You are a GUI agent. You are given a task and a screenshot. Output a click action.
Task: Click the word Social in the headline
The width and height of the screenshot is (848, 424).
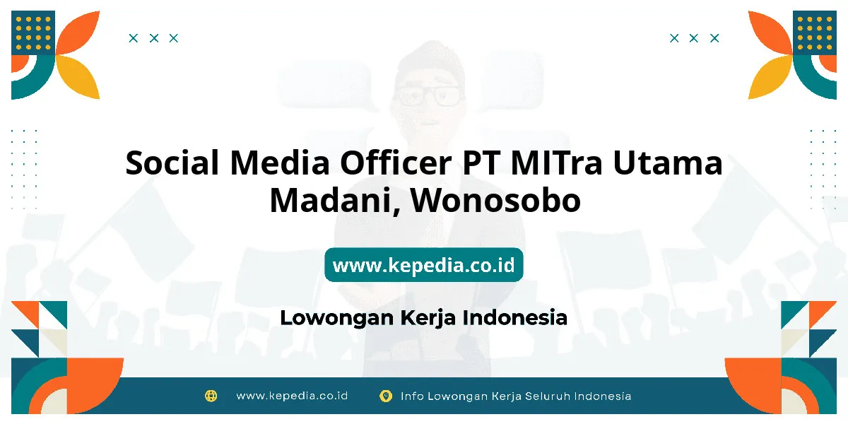tap(172, 163)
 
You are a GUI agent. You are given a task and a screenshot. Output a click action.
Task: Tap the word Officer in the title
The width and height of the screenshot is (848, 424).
tap(396, 163)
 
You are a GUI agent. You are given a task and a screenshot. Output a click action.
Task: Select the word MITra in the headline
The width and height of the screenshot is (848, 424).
tap(556, 163)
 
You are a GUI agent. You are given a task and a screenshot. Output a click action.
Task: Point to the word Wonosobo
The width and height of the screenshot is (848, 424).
tap(495, 200)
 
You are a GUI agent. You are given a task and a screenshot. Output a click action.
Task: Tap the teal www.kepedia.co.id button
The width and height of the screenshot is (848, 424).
tap(423, 264)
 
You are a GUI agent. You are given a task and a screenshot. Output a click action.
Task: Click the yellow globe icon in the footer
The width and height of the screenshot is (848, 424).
tap(211, 396)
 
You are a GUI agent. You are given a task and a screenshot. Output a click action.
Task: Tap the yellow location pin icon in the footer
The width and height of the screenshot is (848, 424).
tap(386, 396)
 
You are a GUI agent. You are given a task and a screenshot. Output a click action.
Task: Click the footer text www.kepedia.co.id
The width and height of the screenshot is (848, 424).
tap(292, 396)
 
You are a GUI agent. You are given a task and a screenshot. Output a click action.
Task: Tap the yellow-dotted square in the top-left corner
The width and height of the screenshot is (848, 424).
tap(33, 33)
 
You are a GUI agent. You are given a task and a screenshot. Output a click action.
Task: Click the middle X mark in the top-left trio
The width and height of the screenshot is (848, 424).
tap(154, 38)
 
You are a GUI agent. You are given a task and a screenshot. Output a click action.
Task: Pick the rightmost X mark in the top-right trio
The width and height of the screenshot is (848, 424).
tap(714, 38)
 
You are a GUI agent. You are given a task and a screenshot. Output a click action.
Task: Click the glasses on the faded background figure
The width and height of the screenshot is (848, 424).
tap(428, 95)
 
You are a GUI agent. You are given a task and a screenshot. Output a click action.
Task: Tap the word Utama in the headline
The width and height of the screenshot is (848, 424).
tap(668, 163)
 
